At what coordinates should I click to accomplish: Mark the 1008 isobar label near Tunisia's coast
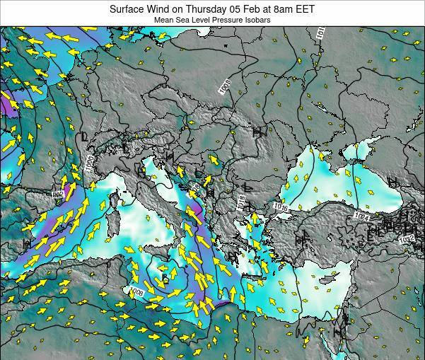point(136,291)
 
